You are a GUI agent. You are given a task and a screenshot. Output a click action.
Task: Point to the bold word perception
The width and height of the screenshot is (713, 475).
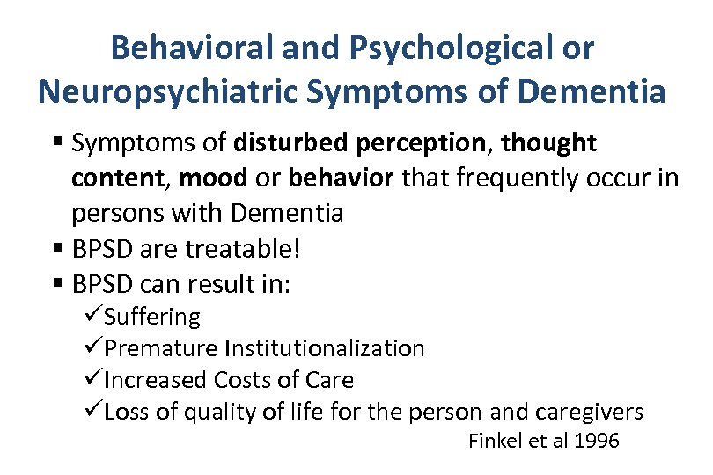click(x=423, y=142)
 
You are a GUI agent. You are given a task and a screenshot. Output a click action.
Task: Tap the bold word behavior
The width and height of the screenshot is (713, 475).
click(x=342, y=179)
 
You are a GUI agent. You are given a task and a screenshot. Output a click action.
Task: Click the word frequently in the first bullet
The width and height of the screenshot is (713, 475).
click(x=511, y=179)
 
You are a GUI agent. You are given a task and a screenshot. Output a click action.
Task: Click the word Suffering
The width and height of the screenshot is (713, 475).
click(x=152, y=317)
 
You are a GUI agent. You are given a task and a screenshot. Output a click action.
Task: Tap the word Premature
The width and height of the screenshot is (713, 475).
click(x=164, y=348)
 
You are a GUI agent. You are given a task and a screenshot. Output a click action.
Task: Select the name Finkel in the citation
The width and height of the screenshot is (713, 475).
click(x=496, y=441)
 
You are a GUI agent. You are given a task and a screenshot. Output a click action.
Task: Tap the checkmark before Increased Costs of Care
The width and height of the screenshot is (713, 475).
click(x=94, y=380)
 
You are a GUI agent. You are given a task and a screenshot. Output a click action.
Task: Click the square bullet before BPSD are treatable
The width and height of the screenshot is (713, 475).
click(x=58, y=250)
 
